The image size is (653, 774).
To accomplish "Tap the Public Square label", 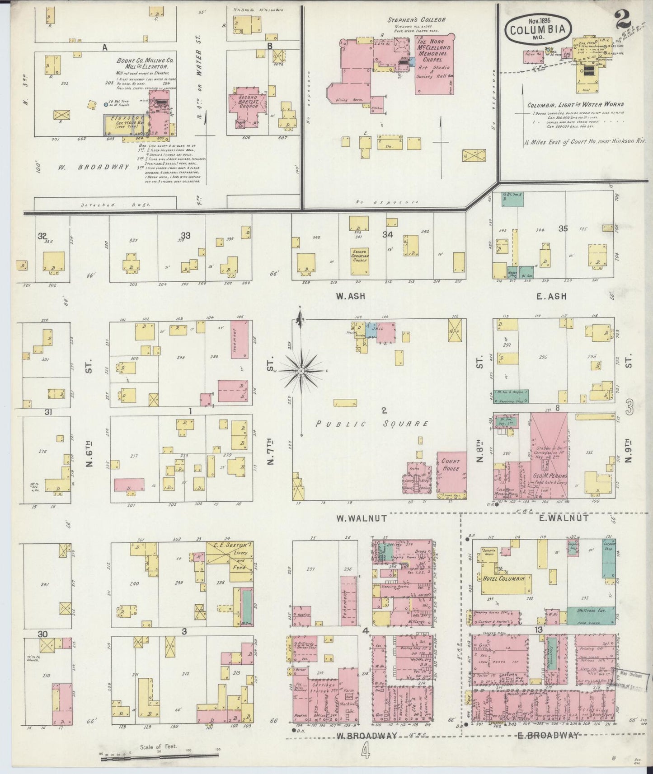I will pyautogui.click(x=371, y=424).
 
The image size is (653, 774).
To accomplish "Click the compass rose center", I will pyautogui.click(x=301, y=371).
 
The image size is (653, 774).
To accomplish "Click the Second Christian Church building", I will pyautogui.click(x=360, y=261).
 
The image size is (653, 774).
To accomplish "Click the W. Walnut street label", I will pyautogui.click(x=361, y=518).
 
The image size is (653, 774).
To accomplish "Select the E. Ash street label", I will pyautogui.click(x=551, y=297).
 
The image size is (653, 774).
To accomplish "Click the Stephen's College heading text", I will pyautogui.click(x=416, y=20).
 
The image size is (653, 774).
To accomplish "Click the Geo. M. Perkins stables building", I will pyautogui.click(x=550, y=456).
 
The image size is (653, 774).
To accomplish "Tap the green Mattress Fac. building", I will pyautogui.click(x=591, y=613).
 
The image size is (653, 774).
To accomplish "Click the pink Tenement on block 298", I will pyautogui.click(x=239, y=339).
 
